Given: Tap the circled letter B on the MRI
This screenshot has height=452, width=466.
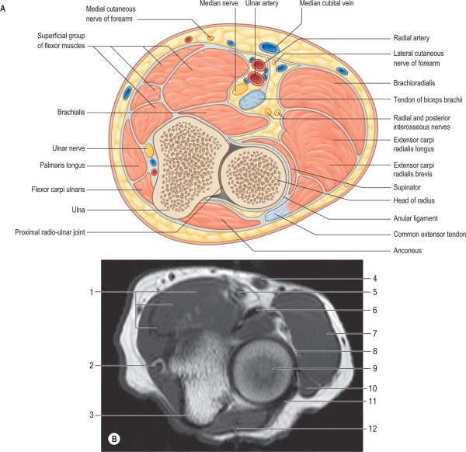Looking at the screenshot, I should click(x=114, y=439).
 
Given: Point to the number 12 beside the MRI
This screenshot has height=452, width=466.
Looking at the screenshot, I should click(x=374, y=429).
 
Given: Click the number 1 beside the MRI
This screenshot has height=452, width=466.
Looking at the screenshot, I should click(x=92, y=292).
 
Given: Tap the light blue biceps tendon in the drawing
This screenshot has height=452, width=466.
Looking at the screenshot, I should click(x=252, y=99).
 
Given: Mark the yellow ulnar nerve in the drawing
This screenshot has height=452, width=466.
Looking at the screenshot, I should click(x=147, y=148).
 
